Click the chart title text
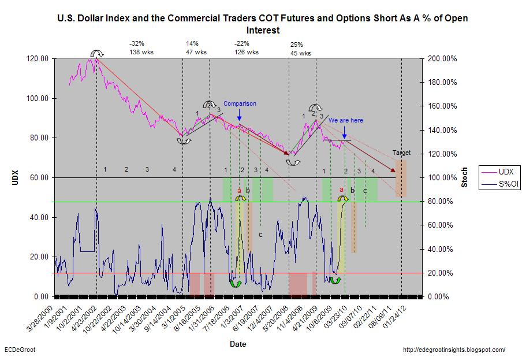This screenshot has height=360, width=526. [x=262, y=24]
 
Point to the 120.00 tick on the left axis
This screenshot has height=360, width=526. [x=39, y=59]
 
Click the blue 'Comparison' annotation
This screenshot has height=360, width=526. [x=240, y=104]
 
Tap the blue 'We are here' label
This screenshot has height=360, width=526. [x=346, y=120]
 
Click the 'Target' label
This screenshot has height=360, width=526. [x=401, y=153]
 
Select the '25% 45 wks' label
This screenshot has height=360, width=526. [x=300, y=49]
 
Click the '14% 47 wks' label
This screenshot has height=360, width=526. [x=194, y=47]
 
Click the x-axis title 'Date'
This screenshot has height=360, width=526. [x=237, y=344]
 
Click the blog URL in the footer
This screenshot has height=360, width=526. [x=453, y=350]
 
